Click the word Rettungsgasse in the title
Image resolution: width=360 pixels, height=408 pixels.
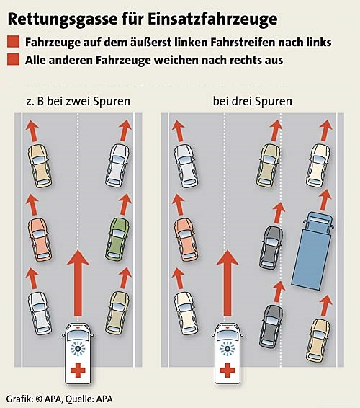pyautogui.click(x=63, y=19)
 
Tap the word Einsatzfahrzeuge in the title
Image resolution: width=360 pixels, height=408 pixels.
pyautogui.click(x=212, y=19)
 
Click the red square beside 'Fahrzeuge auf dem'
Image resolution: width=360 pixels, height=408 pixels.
pyautogui.click(x=13, y=42)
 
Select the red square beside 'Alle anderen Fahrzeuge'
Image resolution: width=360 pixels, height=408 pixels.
pyautogui.click(x=13, y=59)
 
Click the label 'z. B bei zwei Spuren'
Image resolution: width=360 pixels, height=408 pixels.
pyautogui.click(x=78, y=101)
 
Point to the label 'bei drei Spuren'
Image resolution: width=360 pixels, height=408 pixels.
pyautogui.click(x=253, y=101)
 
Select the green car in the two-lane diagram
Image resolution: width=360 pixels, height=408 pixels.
pyautogui.click(x=118, y=239)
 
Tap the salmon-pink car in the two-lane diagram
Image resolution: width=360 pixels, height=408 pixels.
pyautogui.click(x=40, y=239)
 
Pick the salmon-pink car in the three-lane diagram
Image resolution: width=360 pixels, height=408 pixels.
pyautogui.click(x=186, y=239)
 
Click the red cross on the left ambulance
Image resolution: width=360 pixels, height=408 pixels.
pyautogui.click(x=78, y=370)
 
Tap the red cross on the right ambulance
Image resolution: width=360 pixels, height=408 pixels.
pyautogui.click(x=228, y=370)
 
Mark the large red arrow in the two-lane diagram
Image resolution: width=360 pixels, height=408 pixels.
pyautogui.click(x=78, y=283)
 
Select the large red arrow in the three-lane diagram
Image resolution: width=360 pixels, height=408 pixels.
pyautogui.click(x=228, y=283)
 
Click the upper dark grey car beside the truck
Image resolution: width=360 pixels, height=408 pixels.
pyautogui.click(x=271, y=247)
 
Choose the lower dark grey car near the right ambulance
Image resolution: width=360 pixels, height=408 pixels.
pyautogui.click(x=271, y=327)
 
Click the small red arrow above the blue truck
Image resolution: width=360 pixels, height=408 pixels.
pyautogui.click(x=325, y=200)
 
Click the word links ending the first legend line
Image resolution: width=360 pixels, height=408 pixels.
pyautogui.click(x=319, y=42)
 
